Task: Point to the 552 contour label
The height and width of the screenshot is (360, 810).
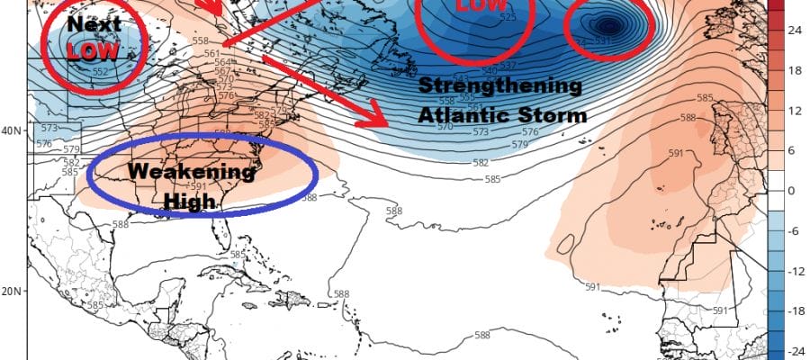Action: [101, 72]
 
